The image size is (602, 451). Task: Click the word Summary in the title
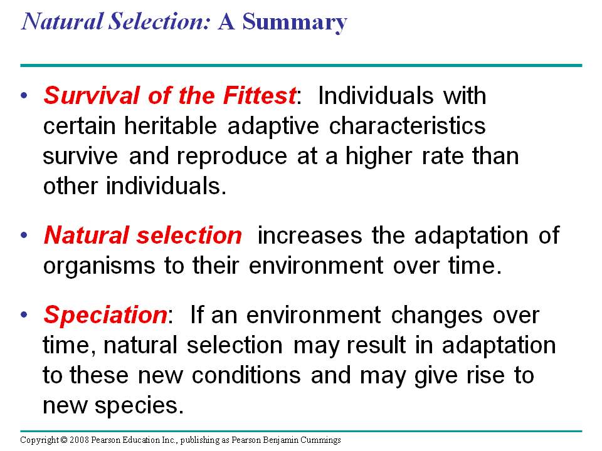[295, 23]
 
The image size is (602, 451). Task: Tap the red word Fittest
[260, 95]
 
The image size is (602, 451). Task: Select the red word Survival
[92, 95]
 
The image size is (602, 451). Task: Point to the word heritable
[171, 125]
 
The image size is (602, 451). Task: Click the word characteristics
[408, 125]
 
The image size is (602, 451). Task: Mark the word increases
[310, 235]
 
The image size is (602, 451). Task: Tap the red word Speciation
[105, 316]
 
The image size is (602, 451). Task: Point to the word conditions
[246, 375]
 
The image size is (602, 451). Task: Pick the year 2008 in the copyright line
[79, 440]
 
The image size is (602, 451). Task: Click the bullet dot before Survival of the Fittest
[24, 95]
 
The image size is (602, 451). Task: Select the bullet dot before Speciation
[24, 315]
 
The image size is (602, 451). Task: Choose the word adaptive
[273, 127]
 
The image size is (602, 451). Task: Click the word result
[376, 345]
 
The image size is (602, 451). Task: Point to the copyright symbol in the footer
[64, 440]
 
